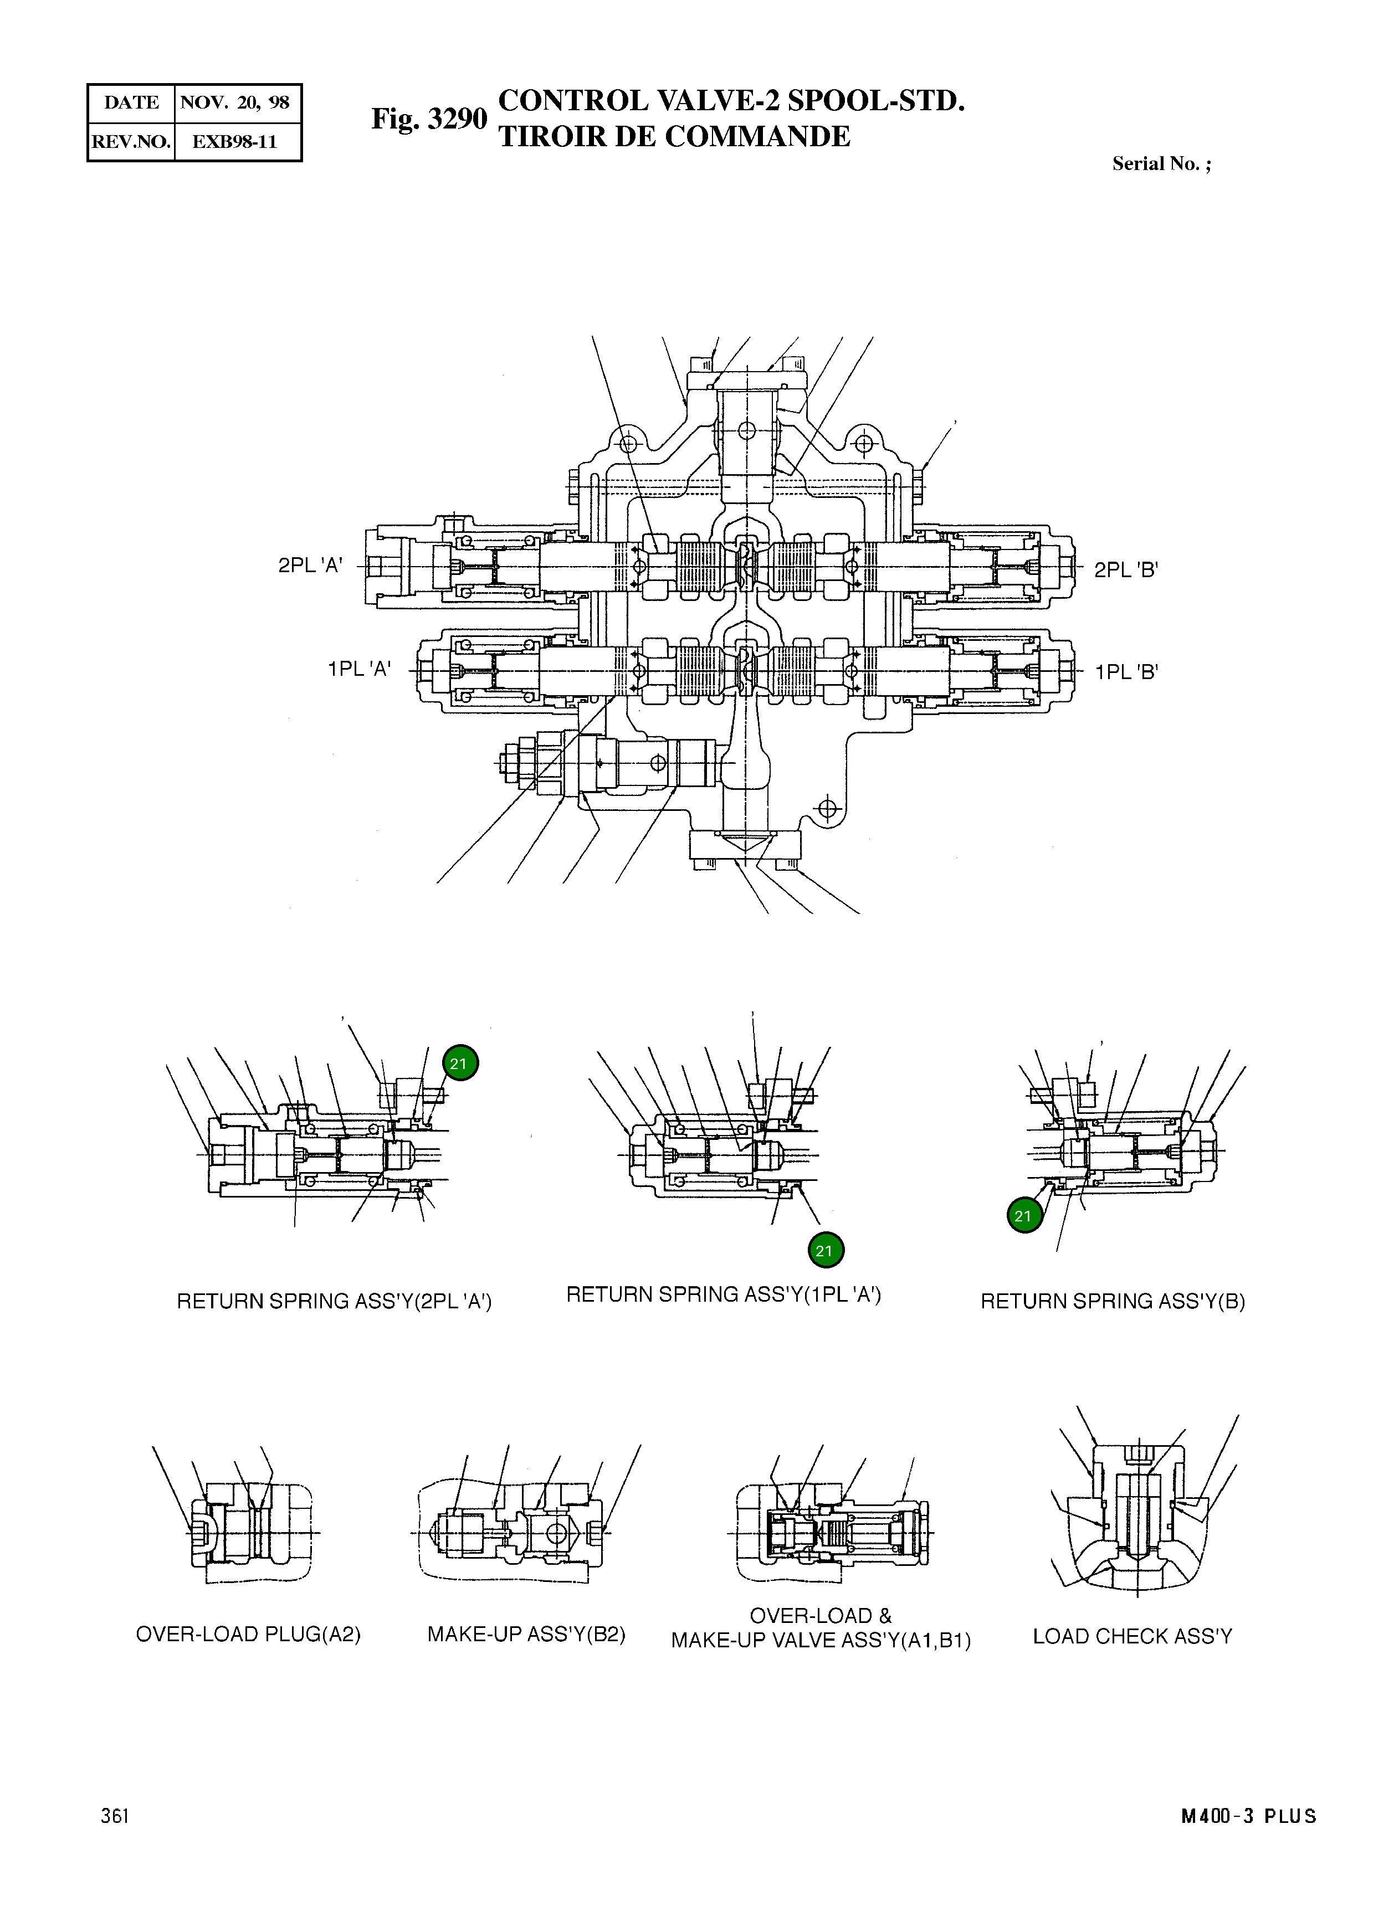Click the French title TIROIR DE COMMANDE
(674, 136)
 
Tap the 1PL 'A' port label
(359, 669)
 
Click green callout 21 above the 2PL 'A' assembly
(460, 1064)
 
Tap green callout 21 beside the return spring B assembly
(1024, 1216)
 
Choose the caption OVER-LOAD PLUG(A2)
(248, 1634)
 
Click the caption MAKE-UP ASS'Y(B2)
(526, 1634)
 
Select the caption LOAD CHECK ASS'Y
(1132, 1636)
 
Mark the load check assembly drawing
(1135, 1515)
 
